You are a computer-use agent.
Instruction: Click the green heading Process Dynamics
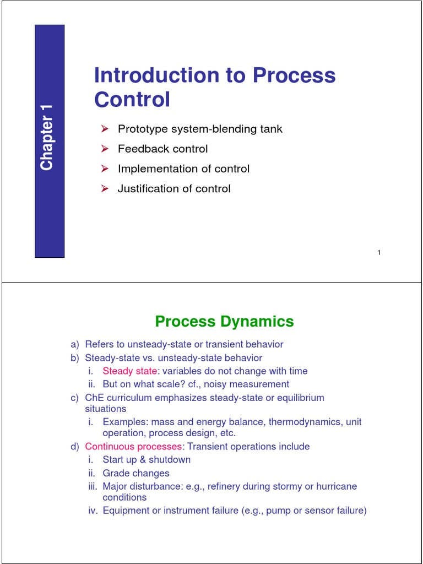(x=224, y=321)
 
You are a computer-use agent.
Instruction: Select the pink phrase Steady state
(x=129, y=371)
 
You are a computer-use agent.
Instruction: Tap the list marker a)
(x=75, y=345)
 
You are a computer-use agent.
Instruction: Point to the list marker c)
(x=75, y=398)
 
